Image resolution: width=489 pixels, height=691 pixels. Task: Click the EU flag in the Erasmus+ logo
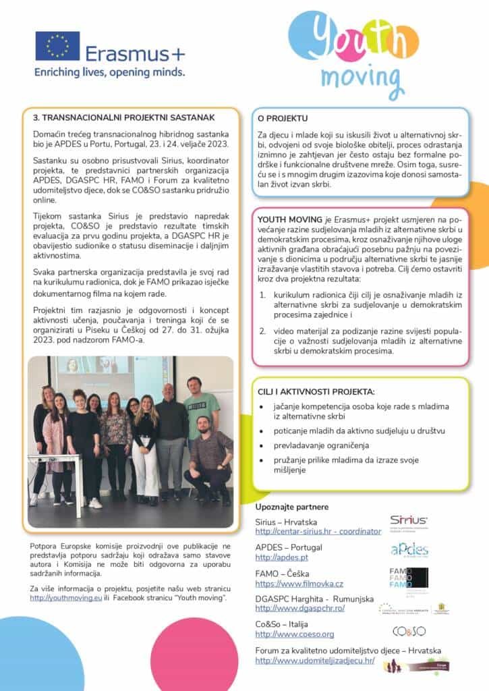pyautogui.click(x=57, y=46)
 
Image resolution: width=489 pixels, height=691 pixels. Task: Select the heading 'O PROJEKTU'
pyautogui.click(x=283, y=118)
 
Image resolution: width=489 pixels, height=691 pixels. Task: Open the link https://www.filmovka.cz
pyautogui.click(x=299, y=584)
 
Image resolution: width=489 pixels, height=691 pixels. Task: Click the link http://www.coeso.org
pyautogui.click(x=295, y=634)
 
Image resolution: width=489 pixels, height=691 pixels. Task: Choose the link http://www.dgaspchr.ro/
pyautogui.click(x=300, y=608)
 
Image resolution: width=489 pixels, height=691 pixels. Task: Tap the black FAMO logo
pyautogui.click(x=409, y=578)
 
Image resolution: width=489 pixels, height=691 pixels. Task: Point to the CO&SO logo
pyautogui.click(x=409, y=631)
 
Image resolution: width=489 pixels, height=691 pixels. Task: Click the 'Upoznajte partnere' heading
pyautogui.click(x=292, y=506)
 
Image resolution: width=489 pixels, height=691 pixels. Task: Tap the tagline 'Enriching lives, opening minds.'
pyautogui.click(x=109, y=71)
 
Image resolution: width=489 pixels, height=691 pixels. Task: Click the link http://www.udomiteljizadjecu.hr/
pyautogui.click(x=314, y=661)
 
